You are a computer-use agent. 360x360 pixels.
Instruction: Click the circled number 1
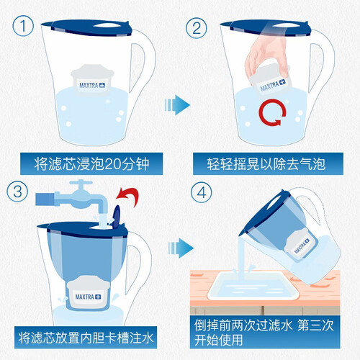(23, 26)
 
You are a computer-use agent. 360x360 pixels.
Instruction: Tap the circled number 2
(197, 28)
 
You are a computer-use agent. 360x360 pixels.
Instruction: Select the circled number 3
(17, 192)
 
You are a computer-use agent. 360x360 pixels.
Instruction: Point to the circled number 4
(201, 192)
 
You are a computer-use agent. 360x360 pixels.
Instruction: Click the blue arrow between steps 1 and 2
(177, 105)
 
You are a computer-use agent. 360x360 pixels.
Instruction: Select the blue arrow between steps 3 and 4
(181, 248)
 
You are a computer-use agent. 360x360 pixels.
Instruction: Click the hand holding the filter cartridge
(266, 55)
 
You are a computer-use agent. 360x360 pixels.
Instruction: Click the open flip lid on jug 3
(117, 216)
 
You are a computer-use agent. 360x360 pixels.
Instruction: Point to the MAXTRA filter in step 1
(92, 78)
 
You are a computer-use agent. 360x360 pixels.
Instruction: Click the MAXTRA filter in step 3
(88, 293)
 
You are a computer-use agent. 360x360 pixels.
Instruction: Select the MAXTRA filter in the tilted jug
(300, 244)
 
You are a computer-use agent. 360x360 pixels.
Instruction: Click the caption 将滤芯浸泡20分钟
(91, 164)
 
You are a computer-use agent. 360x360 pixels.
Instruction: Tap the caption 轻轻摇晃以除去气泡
(266, 164)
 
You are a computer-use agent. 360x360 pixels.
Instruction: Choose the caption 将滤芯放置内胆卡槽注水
(86, 338)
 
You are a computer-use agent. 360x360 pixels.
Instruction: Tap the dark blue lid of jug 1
(87, 28)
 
